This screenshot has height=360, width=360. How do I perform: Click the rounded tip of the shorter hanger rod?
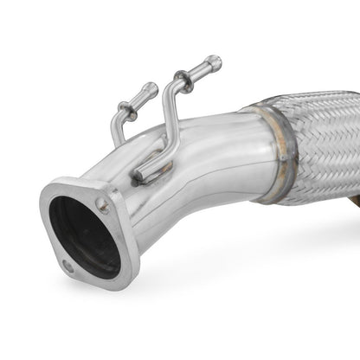point(152,87)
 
